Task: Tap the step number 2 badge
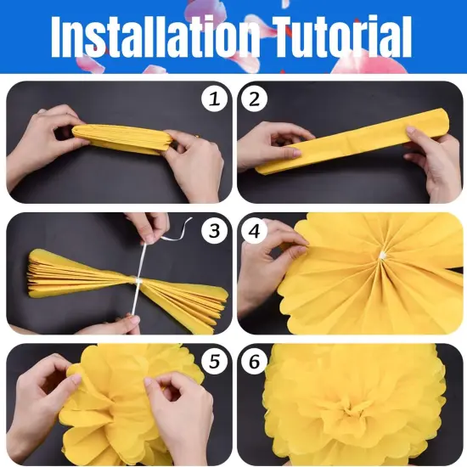(x=253, y=99)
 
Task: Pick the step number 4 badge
(x=253, y=230)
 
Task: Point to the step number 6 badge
(x=253, y=362)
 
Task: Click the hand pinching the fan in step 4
(x=270, y=263)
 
